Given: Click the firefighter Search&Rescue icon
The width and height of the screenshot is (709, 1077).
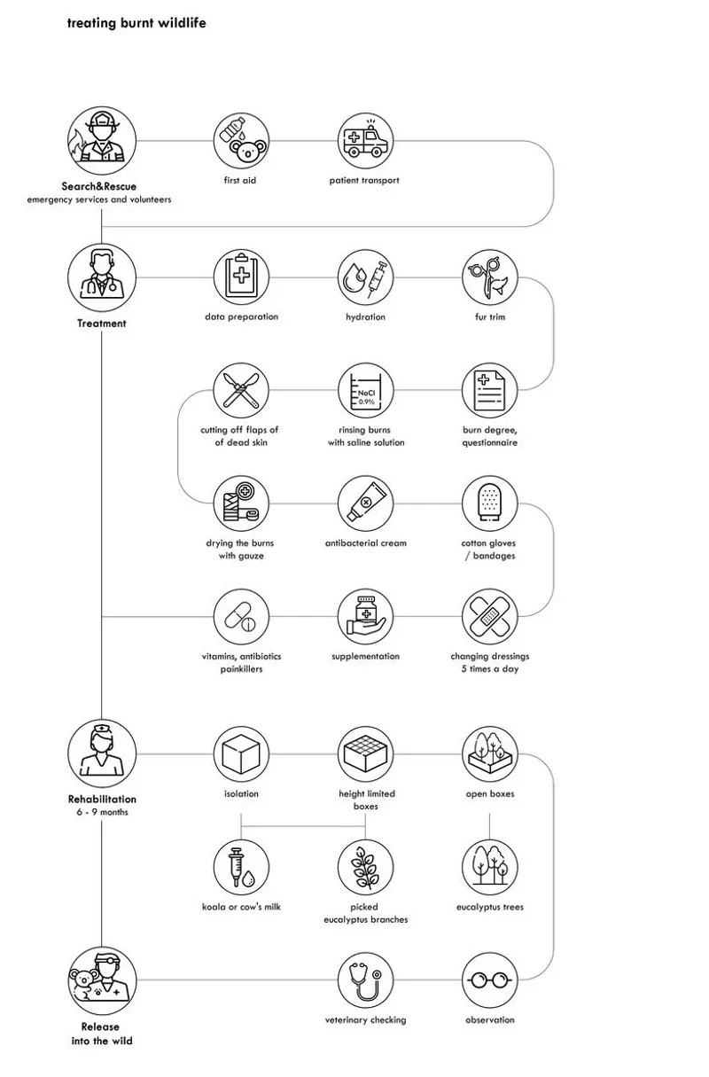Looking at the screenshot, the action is pos(101,141).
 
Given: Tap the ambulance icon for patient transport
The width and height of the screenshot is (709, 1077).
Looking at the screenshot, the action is pos(365,141).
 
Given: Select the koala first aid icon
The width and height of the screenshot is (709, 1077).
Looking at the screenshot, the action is pos(241,141).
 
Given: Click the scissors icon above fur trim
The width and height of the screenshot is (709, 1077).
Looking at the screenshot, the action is pos(490,277).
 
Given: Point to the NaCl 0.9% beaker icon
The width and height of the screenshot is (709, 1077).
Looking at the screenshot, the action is pos(365,390).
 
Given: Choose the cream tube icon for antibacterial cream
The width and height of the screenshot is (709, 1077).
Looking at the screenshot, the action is pos(365,503).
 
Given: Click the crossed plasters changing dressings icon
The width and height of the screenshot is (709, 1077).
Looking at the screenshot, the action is pos(490,616).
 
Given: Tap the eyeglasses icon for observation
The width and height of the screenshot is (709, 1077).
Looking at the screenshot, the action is pos(490,979).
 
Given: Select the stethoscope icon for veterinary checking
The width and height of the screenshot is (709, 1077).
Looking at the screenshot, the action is pos(365,979).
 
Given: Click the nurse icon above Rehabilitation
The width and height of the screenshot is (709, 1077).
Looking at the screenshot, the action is pos(101,753).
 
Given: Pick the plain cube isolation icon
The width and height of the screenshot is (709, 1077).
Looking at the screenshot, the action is pos(241,753).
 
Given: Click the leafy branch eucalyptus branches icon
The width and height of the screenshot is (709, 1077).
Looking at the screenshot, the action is pos(365,867).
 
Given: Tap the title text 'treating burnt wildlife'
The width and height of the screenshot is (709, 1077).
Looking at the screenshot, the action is pos(136,23).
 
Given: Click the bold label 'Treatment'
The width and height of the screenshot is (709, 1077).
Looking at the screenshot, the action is pos(101,323).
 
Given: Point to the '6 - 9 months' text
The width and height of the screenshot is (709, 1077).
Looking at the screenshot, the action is pos(103,812).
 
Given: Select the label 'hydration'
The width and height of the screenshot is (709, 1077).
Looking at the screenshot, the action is pos(365,316).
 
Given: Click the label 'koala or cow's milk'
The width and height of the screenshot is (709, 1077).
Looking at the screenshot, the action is pos(241,907).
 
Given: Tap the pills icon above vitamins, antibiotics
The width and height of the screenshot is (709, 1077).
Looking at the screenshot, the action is pos(241,616).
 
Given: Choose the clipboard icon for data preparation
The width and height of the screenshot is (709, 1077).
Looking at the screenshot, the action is pos(241,277).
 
